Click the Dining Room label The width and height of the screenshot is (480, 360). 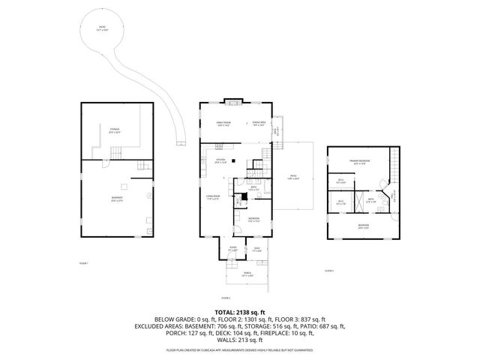pos(223,123)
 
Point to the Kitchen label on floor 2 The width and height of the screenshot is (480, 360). pos(220,160)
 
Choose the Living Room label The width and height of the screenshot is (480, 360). pos(212,197)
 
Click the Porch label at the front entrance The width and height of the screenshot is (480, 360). pos(247,274)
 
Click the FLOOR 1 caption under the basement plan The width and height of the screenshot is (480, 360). pos(84,263)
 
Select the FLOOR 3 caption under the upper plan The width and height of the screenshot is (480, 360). pos(329,270)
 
